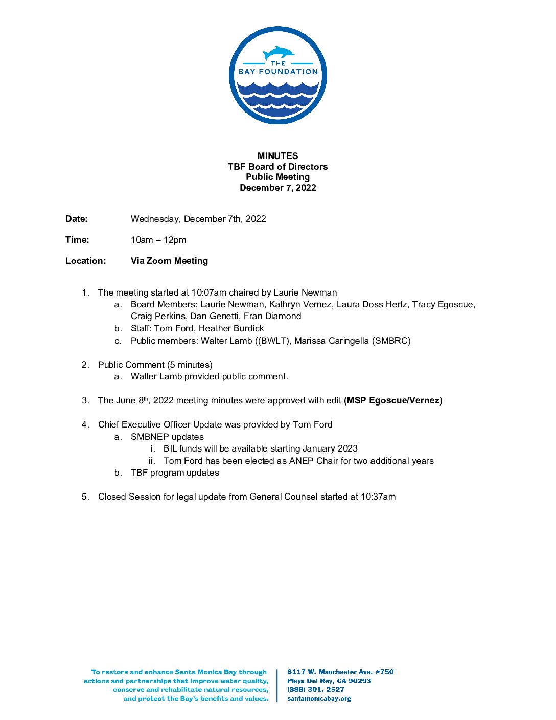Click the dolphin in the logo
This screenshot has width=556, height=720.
coord(279,53)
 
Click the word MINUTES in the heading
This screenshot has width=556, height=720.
coord(277,156)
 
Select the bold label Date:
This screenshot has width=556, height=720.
coord(77,219)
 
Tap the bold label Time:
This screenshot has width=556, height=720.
coord(77,240)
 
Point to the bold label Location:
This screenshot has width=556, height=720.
coord(86,261)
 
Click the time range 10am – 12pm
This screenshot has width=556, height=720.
coord(158,240)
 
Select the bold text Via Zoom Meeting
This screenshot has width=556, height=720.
coord(169,261)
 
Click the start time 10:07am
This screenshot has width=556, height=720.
coord(208,292)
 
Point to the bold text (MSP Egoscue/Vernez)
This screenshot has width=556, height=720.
coord(393,400)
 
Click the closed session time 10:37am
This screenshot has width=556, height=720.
coord(378,497)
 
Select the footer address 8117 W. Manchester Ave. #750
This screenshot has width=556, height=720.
coord(340,672)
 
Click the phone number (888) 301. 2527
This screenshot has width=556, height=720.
coord(316,689)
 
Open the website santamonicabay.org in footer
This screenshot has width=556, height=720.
coord(319,698)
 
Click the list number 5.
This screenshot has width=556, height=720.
coord(85,497)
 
